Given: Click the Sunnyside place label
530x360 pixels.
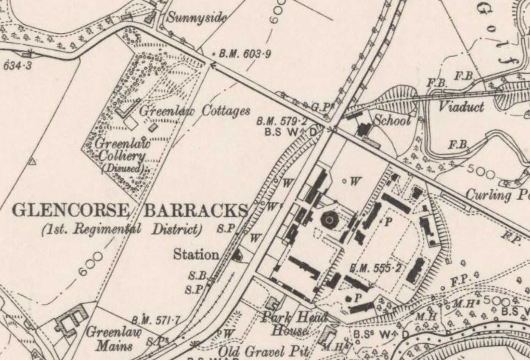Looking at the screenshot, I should (x=197, y=17).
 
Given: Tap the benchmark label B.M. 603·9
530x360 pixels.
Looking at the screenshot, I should (x=245, y=54).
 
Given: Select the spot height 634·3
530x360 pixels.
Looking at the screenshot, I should (x=17, y=66).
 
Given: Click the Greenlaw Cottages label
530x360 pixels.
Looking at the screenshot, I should (x=195, y=111).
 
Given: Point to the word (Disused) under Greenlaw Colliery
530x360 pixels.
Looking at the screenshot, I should (x=123, y=168).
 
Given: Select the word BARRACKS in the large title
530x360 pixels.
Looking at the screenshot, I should (x=196, y=210).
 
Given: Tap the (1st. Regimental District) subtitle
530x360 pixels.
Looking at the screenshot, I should (x=121, y=229).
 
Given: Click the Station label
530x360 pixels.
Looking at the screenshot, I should (x=196, y=254).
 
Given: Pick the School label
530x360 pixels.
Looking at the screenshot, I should (x=392, y=120).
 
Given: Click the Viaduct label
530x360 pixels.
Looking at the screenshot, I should (x=461, y=106).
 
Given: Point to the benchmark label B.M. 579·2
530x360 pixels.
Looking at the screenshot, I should (x=281, y=122).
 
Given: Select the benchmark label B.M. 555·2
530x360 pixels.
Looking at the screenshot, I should (x=375, y=268).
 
